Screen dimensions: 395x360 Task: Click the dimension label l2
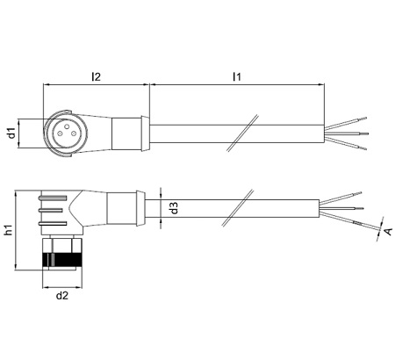pyautogui.click(x=96, y=76)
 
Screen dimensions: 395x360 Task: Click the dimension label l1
pyautogui.click(x=237, y=76)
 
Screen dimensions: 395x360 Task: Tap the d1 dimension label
pyautogui.click(x=11, y=133)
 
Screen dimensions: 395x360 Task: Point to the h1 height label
pyautogui.click(x=9, y=230)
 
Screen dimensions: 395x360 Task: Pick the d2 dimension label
pyautogui.click(x=62, y=296)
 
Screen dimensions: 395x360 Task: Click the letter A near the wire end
pyautogui.click(x=388, y=231)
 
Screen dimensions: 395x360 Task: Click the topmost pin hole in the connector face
pyautogui.click(x=67, y=126)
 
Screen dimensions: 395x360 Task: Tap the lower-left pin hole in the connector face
pyautogui.click(x=60, y=134)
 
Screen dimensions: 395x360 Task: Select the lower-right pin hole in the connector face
pyautogui.click(x=74, y=134)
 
